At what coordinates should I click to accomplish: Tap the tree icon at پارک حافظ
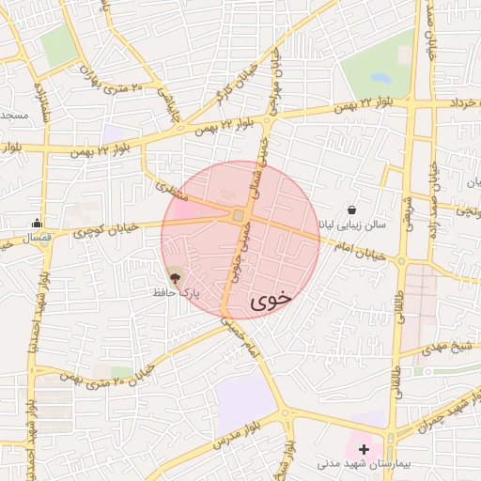pos(174,277)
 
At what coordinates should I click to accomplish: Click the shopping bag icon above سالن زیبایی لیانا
pos(351,210)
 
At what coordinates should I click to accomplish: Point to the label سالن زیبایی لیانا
pos(349,225)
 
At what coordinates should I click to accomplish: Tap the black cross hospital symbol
pos(365,450)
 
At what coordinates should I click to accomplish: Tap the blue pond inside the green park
pos(380,78)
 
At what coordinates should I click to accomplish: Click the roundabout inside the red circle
pos(239,217)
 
